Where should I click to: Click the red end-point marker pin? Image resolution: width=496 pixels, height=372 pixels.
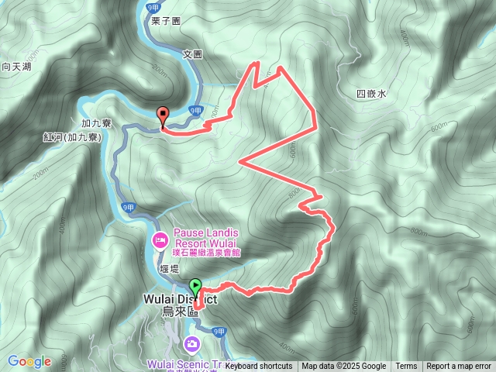[x=163, y=115]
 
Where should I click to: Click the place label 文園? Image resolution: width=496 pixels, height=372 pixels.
[x=192, y=54]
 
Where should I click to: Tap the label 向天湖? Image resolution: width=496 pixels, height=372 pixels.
[x=16, y=67]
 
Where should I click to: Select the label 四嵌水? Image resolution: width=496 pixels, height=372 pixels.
[x=370, y=94]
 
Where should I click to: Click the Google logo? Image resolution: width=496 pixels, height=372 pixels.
[x=29, y=361]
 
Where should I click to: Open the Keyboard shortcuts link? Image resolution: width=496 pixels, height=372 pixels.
[x=259, y=367]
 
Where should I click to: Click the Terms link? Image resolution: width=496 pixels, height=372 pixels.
[x=406, y=367]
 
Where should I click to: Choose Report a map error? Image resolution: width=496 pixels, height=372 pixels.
[x=459, y=367]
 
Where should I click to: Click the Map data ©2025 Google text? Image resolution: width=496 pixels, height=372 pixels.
[x=343, y=367]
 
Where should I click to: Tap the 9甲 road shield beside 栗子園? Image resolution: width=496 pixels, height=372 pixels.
[x=152, y=7]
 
